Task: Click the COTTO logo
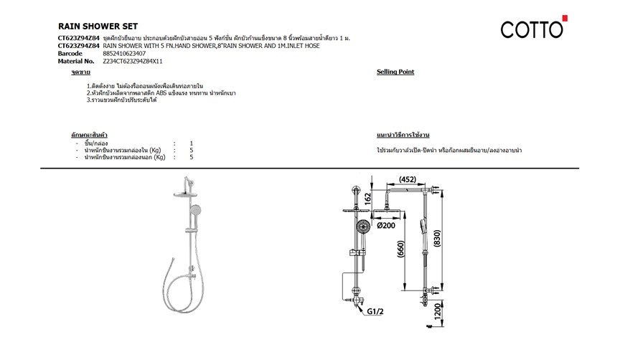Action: pyautogui.click(x=534, y=27)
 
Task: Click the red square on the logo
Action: pyautogui.click(x=565, y=18)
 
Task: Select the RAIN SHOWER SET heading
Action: pyautogui.click(x=98, y=27)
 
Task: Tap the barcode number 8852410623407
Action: pyautogui.click(x=124, y=53)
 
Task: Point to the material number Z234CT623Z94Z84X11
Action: pyautogui.click(x=133, y=61)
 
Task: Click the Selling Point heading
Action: pyautogui.click(x=395, y=72)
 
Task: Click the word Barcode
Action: pyautogui.click(x=70, y=53)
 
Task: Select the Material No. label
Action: pyautogui.click(x=76, y=61)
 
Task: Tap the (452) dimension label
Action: pyautogui.click(x=408, y=179)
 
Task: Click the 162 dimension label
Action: pyautogui.click(x=367, y=199)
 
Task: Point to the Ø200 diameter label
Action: pyautogui.click(x=386, y=225)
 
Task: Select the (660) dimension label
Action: pyautogui.click(x=400, y=249)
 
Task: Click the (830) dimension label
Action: pyautogui.click(x=436, y=238)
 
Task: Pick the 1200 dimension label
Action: pyautogui.click(x=437, y=312)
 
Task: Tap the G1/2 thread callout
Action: pyautogui.click(x=375, y=311)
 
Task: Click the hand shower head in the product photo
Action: pyautogui.click(x=195, y=210)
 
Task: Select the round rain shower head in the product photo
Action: pyautogui.click(x=184, y=194)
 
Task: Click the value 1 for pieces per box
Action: pyautogui.click(x=192, y=143)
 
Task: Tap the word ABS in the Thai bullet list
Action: pyautogui.click(x=161, y=93)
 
